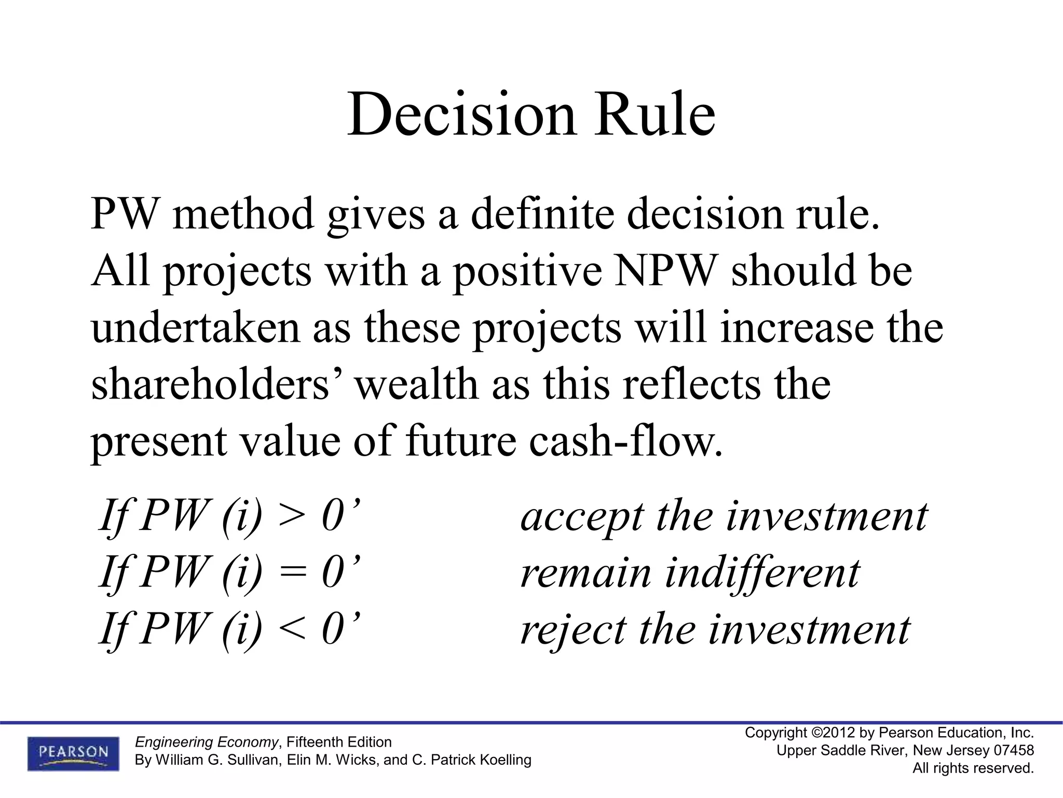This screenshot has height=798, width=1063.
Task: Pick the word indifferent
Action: coord(762,573)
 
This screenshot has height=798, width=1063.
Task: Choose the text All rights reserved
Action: coord(973,768)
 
